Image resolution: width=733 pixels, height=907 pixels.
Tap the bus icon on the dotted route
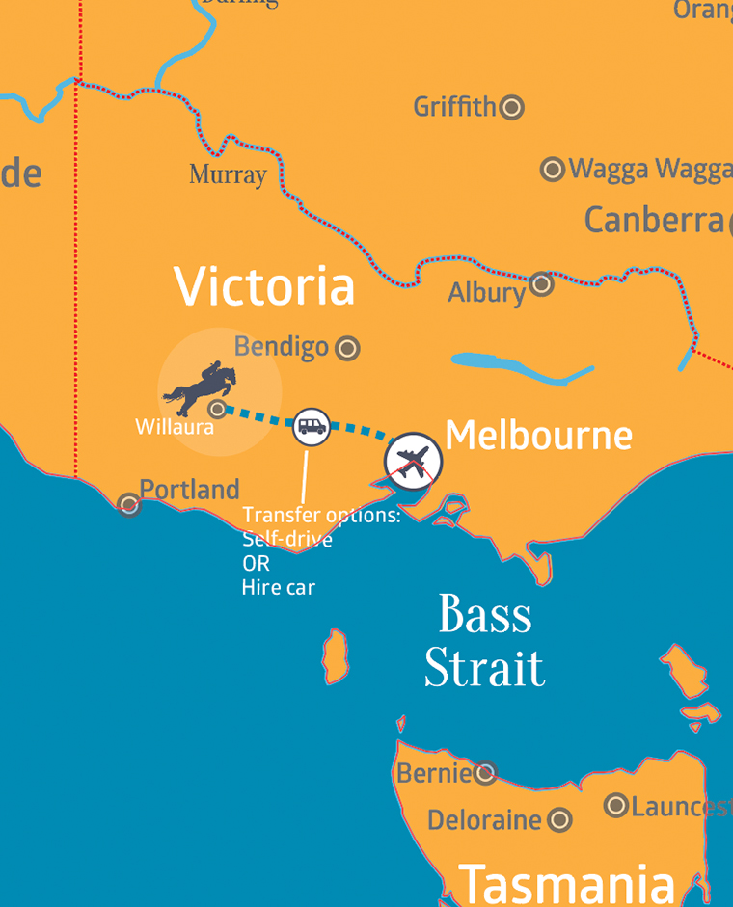[x=312, y=426]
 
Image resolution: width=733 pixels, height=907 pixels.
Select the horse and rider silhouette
[x=200, y=386]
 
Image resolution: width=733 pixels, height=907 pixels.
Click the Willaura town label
[x=175, y=427]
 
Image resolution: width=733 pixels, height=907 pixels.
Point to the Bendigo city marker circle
[x=347, y=348]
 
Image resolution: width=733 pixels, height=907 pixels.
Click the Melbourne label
[x=538, y=436]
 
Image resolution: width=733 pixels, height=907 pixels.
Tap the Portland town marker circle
[x=128, y=503]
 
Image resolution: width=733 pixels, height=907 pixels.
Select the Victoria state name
[x=264, y=286]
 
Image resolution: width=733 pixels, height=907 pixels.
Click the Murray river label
[x=228, y=174]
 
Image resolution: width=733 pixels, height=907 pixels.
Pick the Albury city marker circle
[x=542, y=283]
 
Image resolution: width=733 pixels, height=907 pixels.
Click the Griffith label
[x=454, y=106]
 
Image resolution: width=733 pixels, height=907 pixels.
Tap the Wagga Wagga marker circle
[x=553, y=170]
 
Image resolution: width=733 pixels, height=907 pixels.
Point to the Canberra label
[x=653, y=220]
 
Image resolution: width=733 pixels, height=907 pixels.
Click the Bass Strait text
[x=484, y=641]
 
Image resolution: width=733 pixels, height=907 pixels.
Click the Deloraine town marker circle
[x=559, y=820]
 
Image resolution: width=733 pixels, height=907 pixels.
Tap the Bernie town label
[x=433, y=773]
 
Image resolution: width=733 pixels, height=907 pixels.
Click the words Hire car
[x=279, y=587]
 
